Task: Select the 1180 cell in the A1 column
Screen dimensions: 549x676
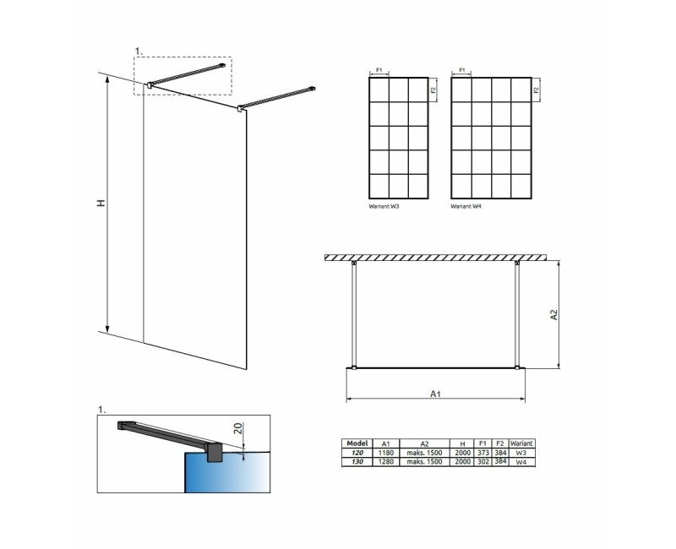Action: pyautogui.click(x=385, y=453)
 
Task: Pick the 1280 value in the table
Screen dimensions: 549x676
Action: pyautogui.click(x=385, y=462)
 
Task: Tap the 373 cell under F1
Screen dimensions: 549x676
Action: pyautogui.click(x=483, y=453)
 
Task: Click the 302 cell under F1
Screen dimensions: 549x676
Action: pyautogui.click(x=483, y=462)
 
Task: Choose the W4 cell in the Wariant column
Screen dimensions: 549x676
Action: pyautogui.click(x=521, y=462)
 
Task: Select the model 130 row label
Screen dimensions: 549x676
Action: pyautogui.click(x=358, y=462)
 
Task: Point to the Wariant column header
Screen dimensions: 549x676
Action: pyautogui.click(x=521, y=443)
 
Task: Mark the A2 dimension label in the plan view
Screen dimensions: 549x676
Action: pyautogui.click(x=554, y=314)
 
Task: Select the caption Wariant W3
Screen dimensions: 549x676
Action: pyautogui.click(x=385, y=205)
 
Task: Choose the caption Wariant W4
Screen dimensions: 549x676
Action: pyautogui.click(x=466, y=205)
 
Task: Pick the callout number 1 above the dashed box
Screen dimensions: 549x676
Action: pyautogui.click(x=138, y=52)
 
